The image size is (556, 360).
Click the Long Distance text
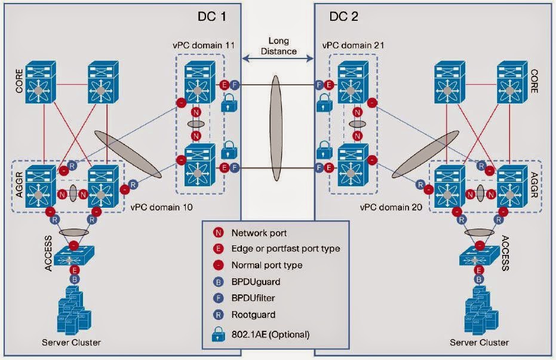(278, 47)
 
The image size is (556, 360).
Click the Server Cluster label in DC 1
(71, 342)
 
